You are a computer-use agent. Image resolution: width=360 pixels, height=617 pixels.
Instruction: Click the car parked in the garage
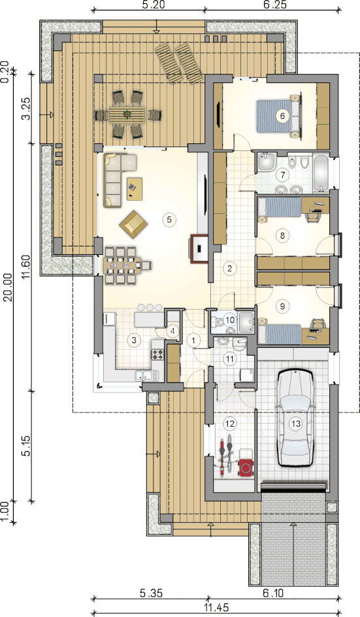click(296, 418)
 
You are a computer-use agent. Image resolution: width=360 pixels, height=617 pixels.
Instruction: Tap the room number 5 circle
click(169, 219)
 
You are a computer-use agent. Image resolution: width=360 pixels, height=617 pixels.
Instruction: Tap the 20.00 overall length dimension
click(8, 288)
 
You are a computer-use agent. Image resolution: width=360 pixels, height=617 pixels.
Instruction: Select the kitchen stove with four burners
click(157, 354)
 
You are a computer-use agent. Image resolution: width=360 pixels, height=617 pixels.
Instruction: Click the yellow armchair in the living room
click(134, 224)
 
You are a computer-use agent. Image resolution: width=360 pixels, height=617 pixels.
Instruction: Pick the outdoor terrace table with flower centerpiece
click(127, 114)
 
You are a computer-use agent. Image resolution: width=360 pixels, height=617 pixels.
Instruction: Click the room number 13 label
click(296, 424)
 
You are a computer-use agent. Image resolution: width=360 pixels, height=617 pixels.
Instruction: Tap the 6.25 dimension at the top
click(274, 5)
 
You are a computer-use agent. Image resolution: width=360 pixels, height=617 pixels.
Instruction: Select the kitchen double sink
click(146, 375)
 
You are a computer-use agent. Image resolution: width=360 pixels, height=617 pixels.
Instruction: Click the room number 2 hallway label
click(229, 269)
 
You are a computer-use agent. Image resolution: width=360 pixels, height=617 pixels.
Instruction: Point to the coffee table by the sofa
click(135, 189)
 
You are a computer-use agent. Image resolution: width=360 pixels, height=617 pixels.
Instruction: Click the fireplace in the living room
click(199, 248)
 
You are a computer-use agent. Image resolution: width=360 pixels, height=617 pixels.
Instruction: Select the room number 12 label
click(229, 424)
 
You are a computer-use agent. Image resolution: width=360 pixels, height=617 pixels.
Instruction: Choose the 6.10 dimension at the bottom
click(272, 593)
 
